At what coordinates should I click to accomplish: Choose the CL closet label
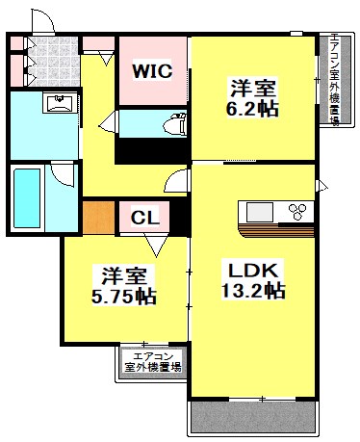coord(145,218)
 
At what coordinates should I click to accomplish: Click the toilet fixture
coord(174,123)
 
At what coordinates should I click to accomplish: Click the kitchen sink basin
coord(261,212)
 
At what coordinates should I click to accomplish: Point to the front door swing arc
coord(43,21)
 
